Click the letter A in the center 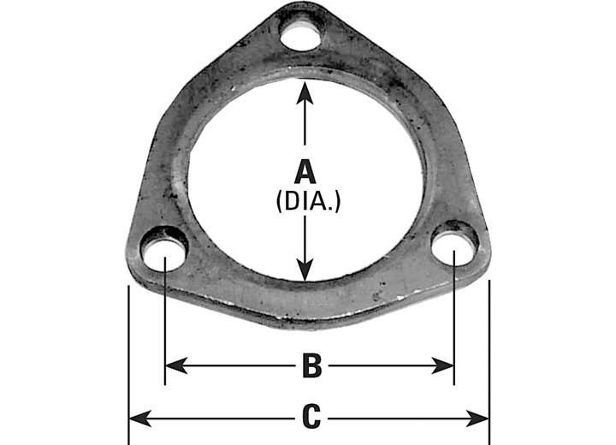[x=305, y=171]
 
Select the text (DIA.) [x=305, y=202]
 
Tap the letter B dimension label [x=311, y=366]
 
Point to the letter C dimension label [x=311, y=418]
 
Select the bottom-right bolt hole [x=453, y=246]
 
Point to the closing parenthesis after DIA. [x=338, y=203]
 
